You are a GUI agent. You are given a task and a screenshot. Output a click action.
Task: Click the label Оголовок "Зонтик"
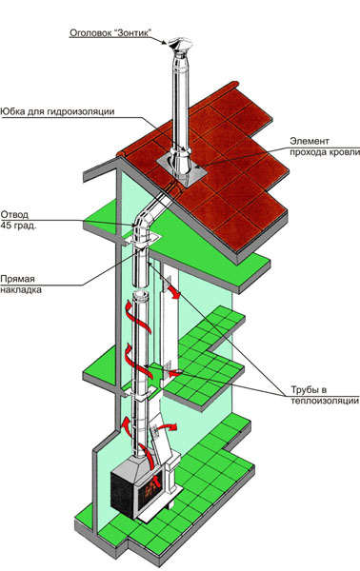(110, 32)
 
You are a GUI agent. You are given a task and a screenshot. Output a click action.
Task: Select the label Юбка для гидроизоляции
(57, 111)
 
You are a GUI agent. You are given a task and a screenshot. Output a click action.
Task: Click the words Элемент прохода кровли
(325, 147)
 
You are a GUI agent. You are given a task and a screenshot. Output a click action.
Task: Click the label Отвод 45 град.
(19, 220)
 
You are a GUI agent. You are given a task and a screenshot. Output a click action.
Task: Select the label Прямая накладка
(21, 285)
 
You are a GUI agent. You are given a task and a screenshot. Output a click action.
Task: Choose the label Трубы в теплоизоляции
(325, 395)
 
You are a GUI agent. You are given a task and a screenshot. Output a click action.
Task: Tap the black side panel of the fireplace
(123, 493)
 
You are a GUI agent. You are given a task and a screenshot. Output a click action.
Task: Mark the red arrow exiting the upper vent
(172, 292)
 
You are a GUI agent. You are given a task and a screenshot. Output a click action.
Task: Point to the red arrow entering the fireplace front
(156, 481)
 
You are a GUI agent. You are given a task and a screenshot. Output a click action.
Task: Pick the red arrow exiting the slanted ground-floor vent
(168, 426)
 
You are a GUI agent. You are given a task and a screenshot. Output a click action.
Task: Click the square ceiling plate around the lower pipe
(140, 392)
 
